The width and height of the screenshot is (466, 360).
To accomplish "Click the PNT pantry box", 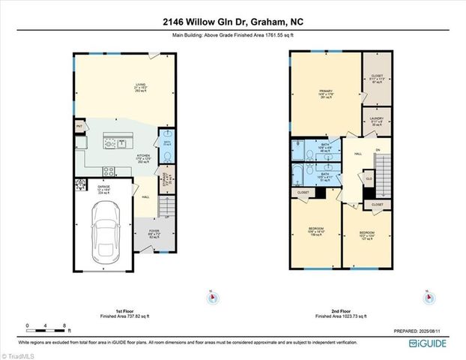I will tap(79, 127).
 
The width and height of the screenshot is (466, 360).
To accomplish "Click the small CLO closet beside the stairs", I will tap(369, 178).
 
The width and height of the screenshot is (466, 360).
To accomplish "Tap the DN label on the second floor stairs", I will tap(378, 149).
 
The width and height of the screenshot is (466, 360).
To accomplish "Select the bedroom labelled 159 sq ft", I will tap(316, 232).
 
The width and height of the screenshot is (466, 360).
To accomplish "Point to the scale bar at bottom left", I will tap(47, 326).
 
